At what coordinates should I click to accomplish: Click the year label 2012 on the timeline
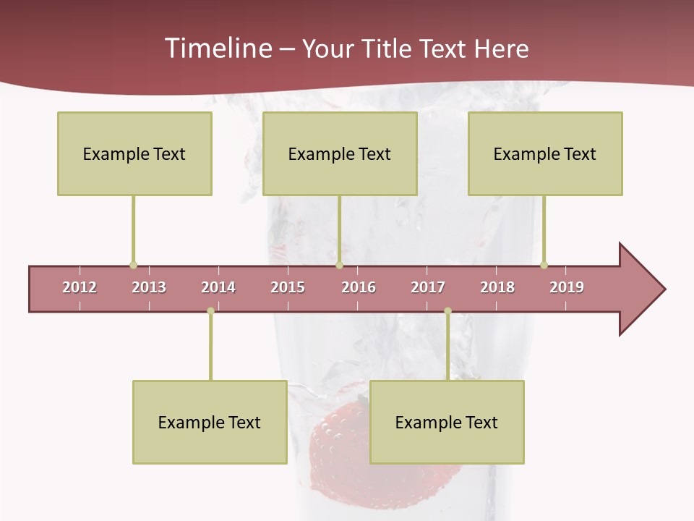80,287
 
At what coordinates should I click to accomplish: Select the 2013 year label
149,287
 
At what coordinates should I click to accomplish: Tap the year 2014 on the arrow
218,287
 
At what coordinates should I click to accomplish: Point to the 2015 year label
288,287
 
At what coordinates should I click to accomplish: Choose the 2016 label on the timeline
359,287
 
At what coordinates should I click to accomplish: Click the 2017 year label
428,287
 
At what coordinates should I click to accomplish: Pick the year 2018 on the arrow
497,287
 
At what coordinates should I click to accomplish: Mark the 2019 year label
567,287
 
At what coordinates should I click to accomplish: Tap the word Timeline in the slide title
217,48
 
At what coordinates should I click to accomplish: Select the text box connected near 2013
134,153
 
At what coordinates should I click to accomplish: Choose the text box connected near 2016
340,153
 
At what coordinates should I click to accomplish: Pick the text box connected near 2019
545,153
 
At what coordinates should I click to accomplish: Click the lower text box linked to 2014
210,422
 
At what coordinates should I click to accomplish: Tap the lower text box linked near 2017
447,422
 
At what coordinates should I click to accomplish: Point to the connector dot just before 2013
133,265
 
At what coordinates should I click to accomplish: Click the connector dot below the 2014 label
210,311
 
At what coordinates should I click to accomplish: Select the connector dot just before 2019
544,265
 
